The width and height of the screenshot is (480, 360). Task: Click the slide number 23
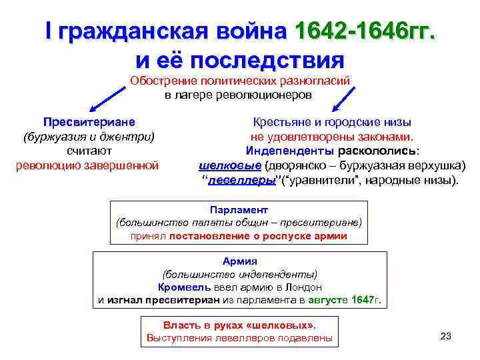pyautogui.click(x=447, y=335)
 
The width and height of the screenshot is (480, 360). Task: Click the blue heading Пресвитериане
pyautogui.click(x=89, y=123)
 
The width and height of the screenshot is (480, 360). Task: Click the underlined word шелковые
pyautogui.click(x=231, y=165)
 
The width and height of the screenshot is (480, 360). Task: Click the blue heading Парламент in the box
pyautogui.click(x=238, y=208)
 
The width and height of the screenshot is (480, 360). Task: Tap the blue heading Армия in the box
pyautogui.click(x=239, y=261)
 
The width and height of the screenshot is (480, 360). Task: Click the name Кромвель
pyautogui.click(x=185, y=287)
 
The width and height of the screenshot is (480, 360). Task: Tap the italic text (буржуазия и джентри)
pyautogui.click(x=89, y=137)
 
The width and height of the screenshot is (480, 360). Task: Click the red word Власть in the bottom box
pyautogui.click(x=180, y=325)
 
